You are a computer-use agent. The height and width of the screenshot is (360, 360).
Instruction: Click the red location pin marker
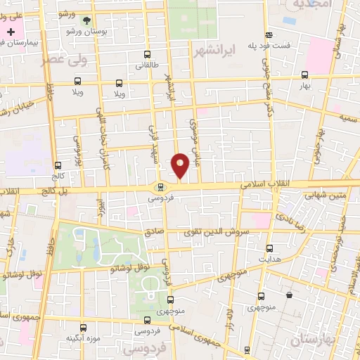pyautogui.click(x=180, y=165)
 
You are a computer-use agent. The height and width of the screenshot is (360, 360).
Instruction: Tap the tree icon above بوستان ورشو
pyautogui.click(x=86, y=21)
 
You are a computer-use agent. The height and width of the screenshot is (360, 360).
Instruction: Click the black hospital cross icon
pyautogui.click(x=11, y=32)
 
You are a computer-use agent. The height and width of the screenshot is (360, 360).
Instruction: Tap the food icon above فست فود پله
pyautogui.click(x=269, y=34)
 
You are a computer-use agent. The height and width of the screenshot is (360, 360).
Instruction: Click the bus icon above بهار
pyautogui.click(x=304, y=75)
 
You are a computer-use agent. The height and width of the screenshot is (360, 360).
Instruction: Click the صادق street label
pyautogui.click(x=153, y=231)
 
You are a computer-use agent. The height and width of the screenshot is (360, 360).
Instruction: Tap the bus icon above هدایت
pyautogui.click(x=269, y=248)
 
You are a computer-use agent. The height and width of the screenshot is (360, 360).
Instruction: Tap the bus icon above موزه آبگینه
pyautogui.click(x=84, y=328)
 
